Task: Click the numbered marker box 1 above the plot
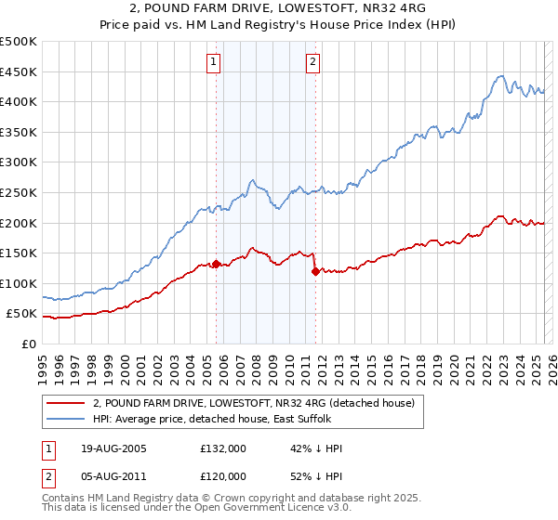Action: (214, 62)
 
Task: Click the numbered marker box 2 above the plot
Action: (313, 62)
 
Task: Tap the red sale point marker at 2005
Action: (217, 264)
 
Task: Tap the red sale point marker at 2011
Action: (315, 271)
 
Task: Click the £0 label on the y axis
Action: (29, 344)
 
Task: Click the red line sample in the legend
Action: (65, 403)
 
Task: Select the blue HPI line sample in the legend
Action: (65, 419)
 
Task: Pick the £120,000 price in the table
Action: (223, 475)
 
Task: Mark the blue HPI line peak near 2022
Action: (500, 76)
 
